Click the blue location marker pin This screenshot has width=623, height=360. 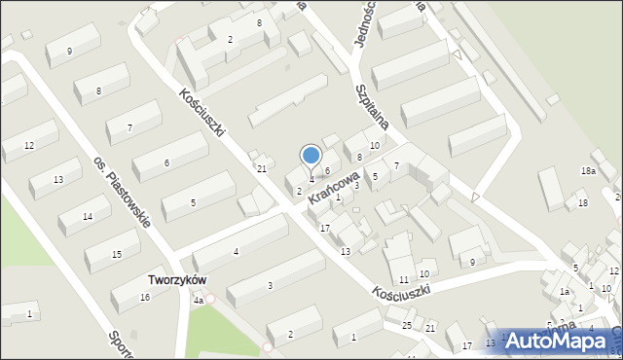tap(311, 156)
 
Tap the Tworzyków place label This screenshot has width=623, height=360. tap(175, 279)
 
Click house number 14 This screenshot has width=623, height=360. tap(88, 216)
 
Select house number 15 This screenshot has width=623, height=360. tap(117, 255)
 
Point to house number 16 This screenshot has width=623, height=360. tap(144, 297)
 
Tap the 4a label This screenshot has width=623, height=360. tap(198, 301)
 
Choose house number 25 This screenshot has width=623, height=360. tap(407, 324)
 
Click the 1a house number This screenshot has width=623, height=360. tap(564, 292)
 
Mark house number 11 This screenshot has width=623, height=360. tap(403, 280)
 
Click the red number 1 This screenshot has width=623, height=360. tap(29, 313)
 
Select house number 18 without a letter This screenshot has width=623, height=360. tap(582, 203)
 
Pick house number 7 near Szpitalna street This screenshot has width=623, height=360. tap(397, 166)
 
